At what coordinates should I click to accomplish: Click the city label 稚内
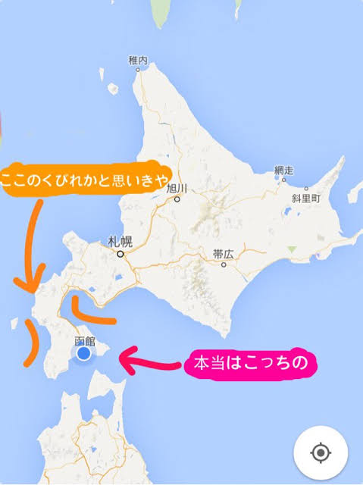coord(136,60)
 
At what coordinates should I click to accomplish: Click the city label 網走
coord(283,171)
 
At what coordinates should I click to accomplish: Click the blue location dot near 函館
coord(84,354)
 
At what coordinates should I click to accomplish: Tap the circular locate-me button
coord(321,453)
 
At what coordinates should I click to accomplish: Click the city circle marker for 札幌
coord(120,255)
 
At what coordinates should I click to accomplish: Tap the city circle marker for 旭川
coord(177,199)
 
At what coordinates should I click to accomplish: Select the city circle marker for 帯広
coord(224,265)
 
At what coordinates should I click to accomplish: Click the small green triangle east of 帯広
coord(293,249)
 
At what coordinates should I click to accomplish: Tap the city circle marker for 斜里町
coord(306,189)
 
